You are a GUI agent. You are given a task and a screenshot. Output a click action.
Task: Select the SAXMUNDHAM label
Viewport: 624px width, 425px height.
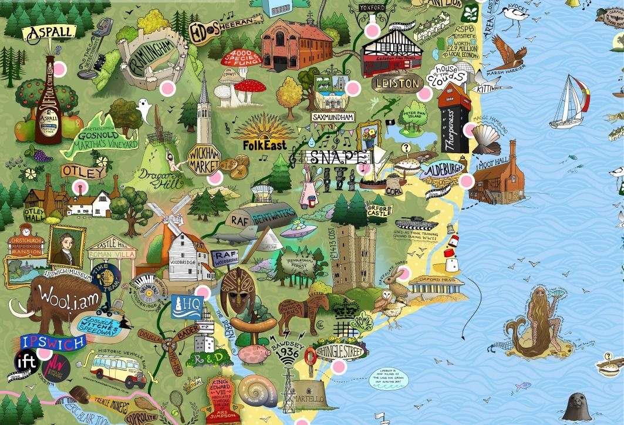tap(333, 117)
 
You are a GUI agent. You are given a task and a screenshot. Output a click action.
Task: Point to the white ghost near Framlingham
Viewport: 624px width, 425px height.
tap(142, 107)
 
